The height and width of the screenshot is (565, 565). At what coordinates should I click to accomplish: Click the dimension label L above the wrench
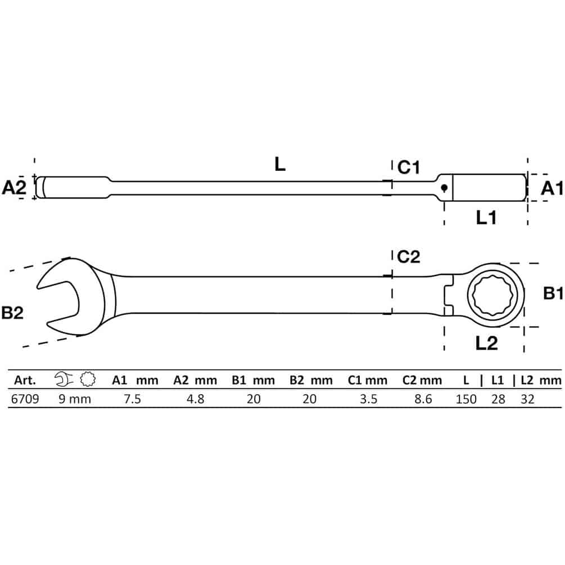pyautogui.click(x=280, y=164)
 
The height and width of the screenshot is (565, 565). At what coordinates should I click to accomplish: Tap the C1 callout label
pyautogui.click(x=409, y=168)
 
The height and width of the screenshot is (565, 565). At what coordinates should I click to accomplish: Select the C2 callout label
pyautogui.click(x=409, y=257)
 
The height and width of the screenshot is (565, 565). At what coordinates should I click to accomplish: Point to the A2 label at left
pyautogui.click(x=14, y=187)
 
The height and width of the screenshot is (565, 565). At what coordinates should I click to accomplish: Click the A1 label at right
pyautogui.click(x=552, y=188)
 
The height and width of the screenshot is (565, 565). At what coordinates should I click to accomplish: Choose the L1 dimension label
pyautogui.click(x=486, y=218)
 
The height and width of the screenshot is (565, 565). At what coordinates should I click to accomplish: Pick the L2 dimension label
pyautogui.click(x=486, y=343)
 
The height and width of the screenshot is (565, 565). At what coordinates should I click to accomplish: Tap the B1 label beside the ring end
pyautogui.click(x=553, y=293)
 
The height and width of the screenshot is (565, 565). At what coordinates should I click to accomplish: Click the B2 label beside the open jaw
pyautogui.click(x=12, y=313)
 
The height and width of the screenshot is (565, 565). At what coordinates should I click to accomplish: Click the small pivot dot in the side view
pyautogui.click(x=444, y=187)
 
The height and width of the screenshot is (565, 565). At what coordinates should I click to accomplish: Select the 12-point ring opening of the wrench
pyautogui.click(x=496, y=295)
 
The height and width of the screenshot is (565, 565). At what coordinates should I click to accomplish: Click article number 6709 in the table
pyautogui.click(x=25, y=399)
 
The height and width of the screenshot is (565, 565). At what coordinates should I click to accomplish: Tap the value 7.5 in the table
pyautogui.click(x=132, y=399)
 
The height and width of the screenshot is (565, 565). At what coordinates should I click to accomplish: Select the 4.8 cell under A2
pyautogui.click(x=195, y=399)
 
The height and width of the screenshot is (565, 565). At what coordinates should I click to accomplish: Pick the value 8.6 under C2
pyautogui.click(x=423, y=399)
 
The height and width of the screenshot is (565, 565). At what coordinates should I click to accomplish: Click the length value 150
pyautogui.click(x=466, y=399)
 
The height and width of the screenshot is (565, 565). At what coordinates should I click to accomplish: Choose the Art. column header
pyautogui.click(x=25, y=380)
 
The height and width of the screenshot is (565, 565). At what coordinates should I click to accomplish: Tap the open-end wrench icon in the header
pyautogui.click(x=64, y=379)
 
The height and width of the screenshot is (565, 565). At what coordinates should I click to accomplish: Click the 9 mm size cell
pyautogui.click(x=75, y=399)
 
